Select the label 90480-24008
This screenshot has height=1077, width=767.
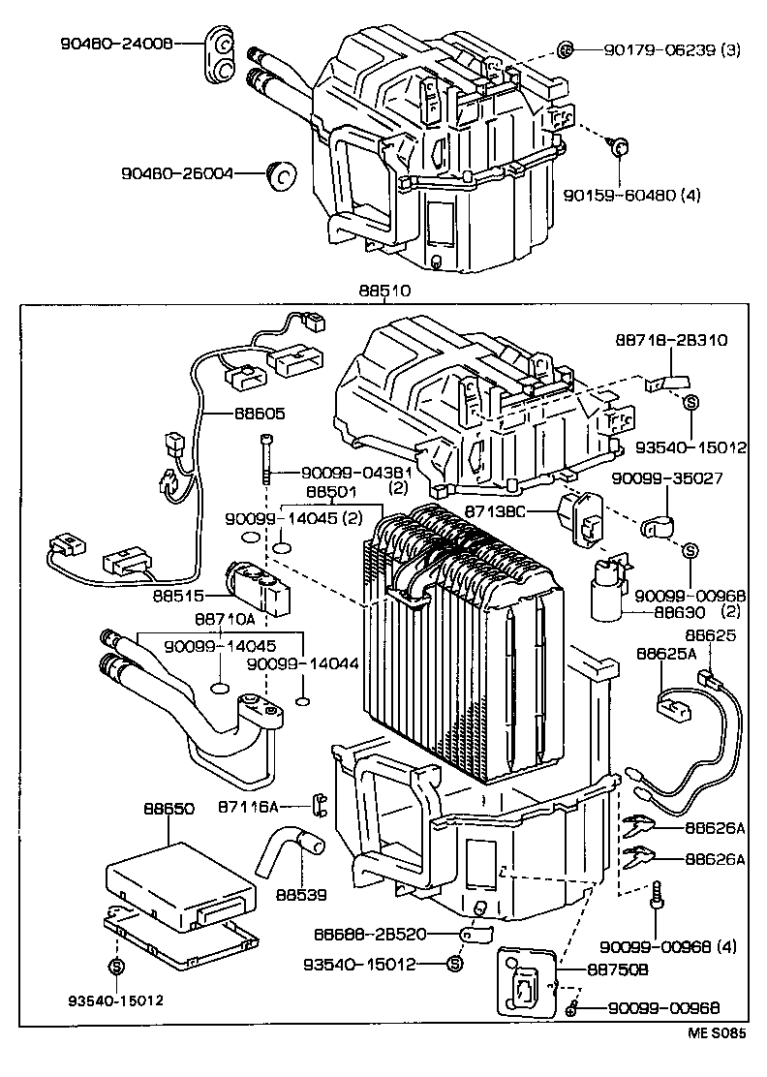(116, 44)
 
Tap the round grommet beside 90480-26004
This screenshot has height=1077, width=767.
(283, 175)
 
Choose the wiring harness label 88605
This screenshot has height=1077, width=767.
(259, 412)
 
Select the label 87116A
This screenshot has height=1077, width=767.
(248, 806)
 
